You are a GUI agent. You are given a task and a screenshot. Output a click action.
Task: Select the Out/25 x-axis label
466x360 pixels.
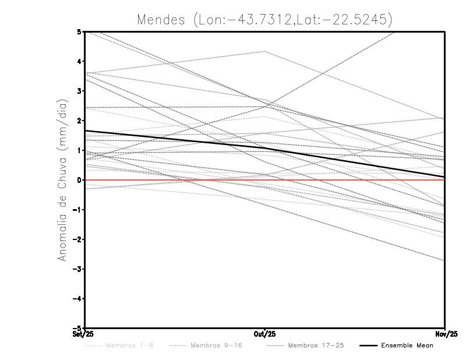click(x=265, y=334)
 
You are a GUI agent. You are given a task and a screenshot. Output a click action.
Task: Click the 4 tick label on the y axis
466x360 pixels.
click(x=79, y=61)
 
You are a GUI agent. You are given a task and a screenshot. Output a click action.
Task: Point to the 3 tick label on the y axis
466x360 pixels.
click(x=79, y=91)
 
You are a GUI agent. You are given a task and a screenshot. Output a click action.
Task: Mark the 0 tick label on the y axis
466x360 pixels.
click(x=79, y=180)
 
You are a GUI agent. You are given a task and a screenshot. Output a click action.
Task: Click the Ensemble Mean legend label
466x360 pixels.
click(x=407, y=345)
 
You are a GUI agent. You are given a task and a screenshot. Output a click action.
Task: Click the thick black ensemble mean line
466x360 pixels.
click(x=175, y=140)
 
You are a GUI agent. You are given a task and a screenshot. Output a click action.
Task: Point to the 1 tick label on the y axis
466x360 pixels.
click(x=79, y=150)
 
